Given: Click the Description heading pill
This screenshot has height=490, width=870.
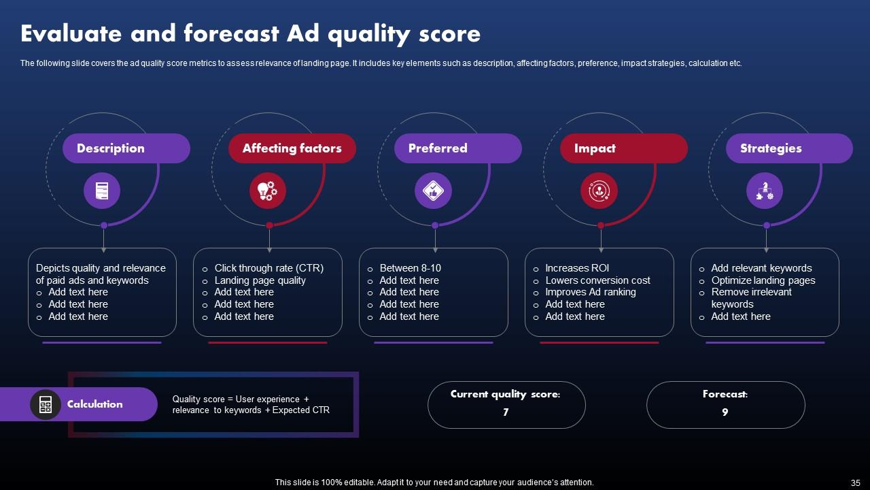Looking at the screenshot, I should pyautogui.click(x=126, y=148).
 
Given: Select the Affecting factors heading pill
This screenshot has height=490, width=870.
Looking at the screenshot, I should pyautogui.click(x=292, y=148).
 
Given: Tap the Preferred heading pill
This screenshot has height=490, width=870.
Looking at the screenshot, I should pyautogui.click(x=457, y=148).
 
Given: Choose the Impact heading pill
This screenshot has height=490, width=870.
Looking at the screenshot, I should pyautogui.click(x=623, y=148).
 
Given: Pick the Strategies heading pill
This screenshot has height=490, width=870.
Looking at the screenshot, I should pyautogui.click(x=788, y=148).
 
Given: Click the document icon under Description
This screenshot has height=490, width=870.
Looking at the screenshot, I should pyautogui.click(x=102, y=191).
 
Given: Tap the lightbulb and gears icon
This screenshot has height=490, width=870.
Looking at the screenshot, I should pyautogui.click(x=268, y=191).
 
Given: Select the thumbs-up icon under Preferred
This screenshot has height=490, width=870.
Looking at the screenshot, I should pyautogui.click(x=433, y=191).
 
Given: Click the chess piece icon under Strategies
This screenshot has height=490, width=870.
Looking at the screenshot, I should pyautogui.click(x=765, y=191).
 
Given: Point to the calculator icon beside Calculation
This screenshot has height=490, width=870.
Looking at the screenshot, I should pyautogui.click(x=46, y=404).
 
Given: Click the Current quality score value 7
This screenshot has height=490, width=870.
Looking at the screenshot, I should pyautogui.click(x=506, y=412).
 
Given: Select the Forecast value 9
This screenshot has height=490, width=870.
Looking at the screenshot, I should pyautogui.click(x=725, y=412).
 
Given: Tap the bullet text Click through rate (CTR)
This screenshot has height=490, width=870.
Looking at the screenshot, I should pyautogui.click(x=268, y=268).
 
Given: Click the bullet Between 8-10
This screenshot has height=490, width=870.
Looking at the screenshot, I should pyautogui.click(x=410, y=268).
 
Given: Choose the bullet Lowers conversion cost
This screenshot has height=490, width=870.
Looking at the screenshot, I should pyautogui.click(x=597, y=280).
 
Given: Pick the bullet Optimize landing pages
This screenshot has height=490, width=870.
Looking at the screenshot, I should pyautogui.click(x=763, y=280).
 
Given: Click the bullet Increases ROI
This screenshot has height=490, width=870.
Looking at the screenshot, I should pyautogui.click(x=577, y=268).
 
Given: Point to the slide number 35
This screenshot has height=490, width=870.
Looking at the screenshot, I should pyautogui.click(x=855, y=483).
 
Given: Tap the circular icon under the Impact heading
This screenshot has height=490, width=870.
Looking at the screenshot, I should pyautogui.click(x=599, y=191).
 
